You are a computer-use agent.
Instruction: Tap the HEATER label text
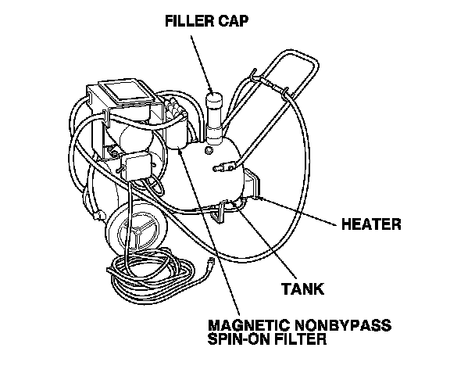tap(372, 225)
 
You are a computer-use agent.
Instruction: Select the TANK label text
tap(302, 288)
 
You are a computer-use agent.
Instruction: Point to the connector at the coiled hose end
tap(212, 265)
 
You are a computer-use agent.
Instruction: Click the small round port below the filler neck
tap(209, 148)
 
